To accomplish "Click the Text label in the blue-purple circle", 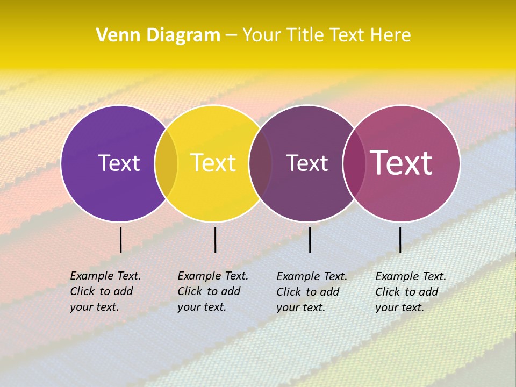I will pos(119,163).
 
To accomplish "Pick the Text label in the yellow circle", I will pos(213,163).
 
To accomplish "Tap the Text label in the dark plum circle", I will pos(307,163).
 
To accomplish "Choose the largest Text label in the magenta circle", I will pos(401,163).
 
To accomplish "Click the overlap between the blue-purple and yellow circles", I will pos(166,163).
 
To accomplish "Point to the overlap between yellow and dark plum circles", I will pos(261,163).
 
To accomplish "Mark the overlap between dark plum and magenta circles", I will pos(354,163).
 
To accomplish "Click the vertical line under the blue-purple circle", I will pos(121,240).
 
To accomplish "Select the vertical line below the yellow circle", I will pos(215,240).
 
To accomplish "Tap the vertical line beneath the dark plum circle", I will pos(310,240).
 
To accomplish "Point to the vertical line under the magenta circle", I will pos(400,240).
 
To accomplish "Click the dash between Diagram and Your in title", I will pos(231,35).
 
